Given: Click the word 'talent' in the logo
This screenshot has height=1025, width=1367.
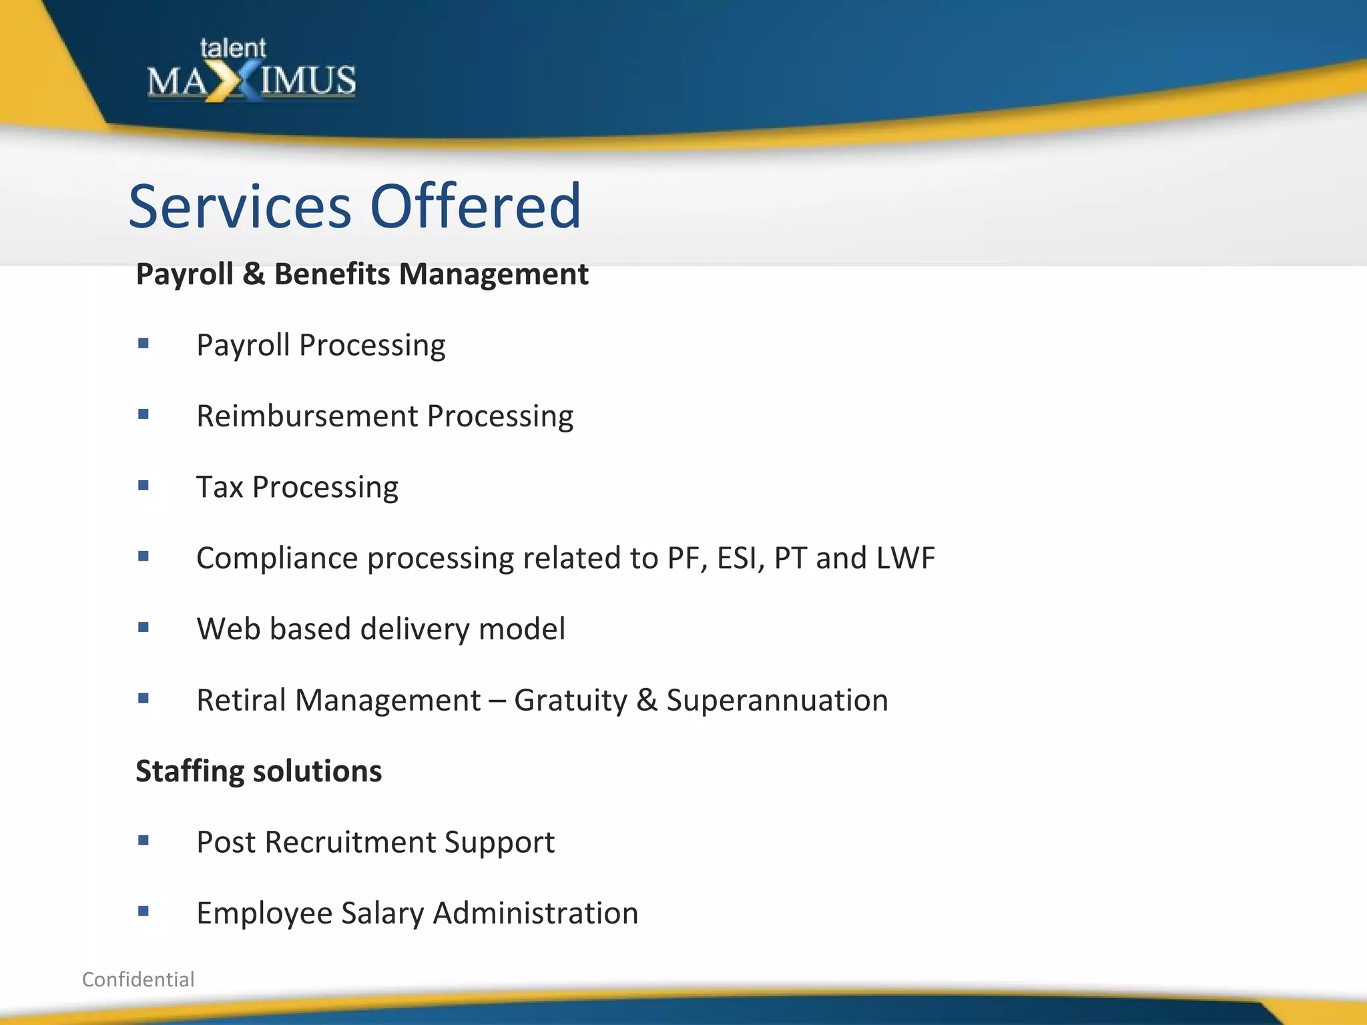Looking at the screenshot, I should click(233, 48).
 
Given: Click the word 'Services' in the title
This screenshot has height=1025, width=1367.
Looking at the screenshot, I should click(240, 206).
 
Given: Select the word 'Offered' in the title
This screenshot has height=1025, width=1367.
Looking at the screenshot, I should click(475, 206).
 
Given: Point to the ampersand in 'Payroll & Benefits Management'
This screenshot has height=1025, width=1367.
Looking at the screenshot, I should click(254, 274).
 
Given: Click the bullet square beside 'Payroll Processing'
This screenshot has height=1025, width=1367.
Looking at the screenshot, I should click(144, 344).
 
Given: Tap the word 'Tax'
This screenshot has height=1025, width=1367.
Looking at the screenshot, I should click(220, 487).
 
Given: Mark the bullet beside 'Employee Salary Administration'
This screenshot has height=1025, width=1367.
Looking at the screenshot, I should click(144, 912).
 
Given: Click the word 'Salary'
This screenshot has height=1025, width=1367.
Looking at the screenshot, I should click(382, 914).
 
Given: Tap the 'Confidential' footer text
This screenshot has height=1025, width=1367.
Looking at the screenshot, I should click(138, 979).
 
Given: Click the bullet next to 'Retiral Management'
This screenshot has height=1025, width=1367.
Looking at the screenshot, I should click(144, 699).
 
